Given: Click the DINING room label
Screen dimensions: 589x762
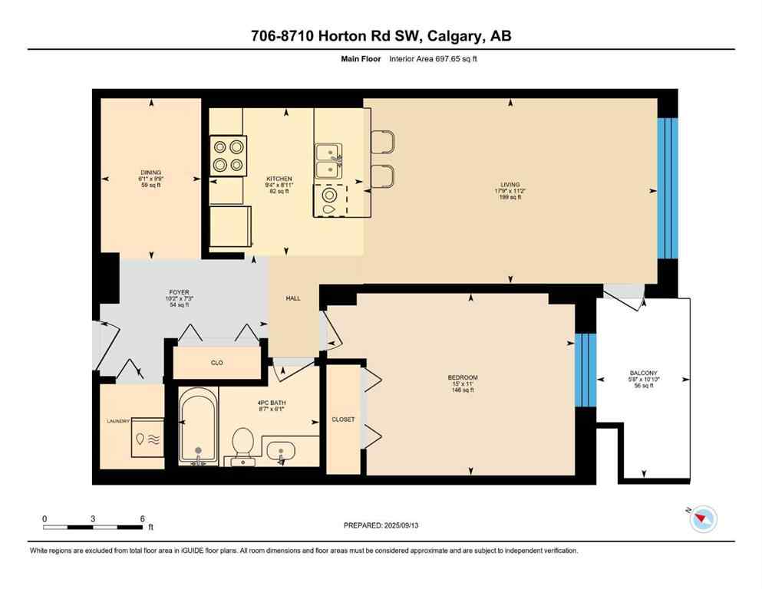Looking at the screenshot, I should pos(150,173).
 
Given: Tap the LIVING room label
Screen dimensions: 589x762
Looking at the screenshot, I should pos(510,185).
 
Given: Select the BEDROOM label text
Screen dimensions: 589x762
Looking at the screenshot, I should pos(463,377).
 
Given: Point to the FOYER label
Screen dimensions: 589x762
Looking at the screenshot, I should pos(179,292).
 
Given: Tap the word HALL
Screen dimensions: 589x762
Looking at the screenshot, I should pos(293,298).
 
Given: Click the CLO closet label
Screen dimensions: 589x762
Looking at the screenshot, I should pos(217,363).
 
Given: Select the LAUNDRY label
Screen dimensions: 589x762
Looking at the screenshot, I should pos(119,421).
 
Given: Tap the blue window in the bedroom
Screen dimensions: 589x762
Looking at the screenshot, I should pos(586,370).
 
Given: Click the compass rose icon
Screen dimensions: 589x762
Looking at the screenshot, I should pos(702,519).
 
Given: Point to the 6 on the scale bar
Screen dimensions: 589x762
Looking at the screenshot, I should pos(142,519).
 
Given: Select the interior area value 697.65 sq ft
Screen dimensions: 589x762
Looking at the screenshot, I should pos(456,58).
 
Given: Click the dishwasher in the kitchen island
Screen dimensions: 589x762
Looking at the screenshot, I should pos(329,199).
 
